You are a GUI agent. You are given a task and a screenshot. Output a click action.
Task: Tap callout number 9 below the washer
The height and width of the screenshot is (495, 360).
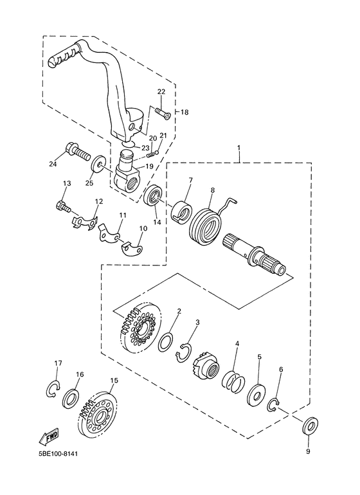point(307,451)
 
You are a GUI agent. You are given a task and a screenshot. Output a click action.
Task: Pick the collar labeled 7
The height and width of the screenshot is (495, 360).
point(181,211)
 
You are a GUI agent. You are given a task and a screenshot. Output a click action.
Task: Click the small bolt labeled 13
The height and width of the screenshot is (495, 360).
point(62,207)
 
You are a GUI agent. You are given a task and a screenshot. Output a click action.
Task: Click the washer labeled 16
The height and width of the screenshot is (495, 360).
point(71,399)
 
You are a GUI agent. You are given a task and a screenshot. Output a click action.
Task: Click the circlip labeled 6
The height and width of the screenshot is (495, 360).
point(274,404)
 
